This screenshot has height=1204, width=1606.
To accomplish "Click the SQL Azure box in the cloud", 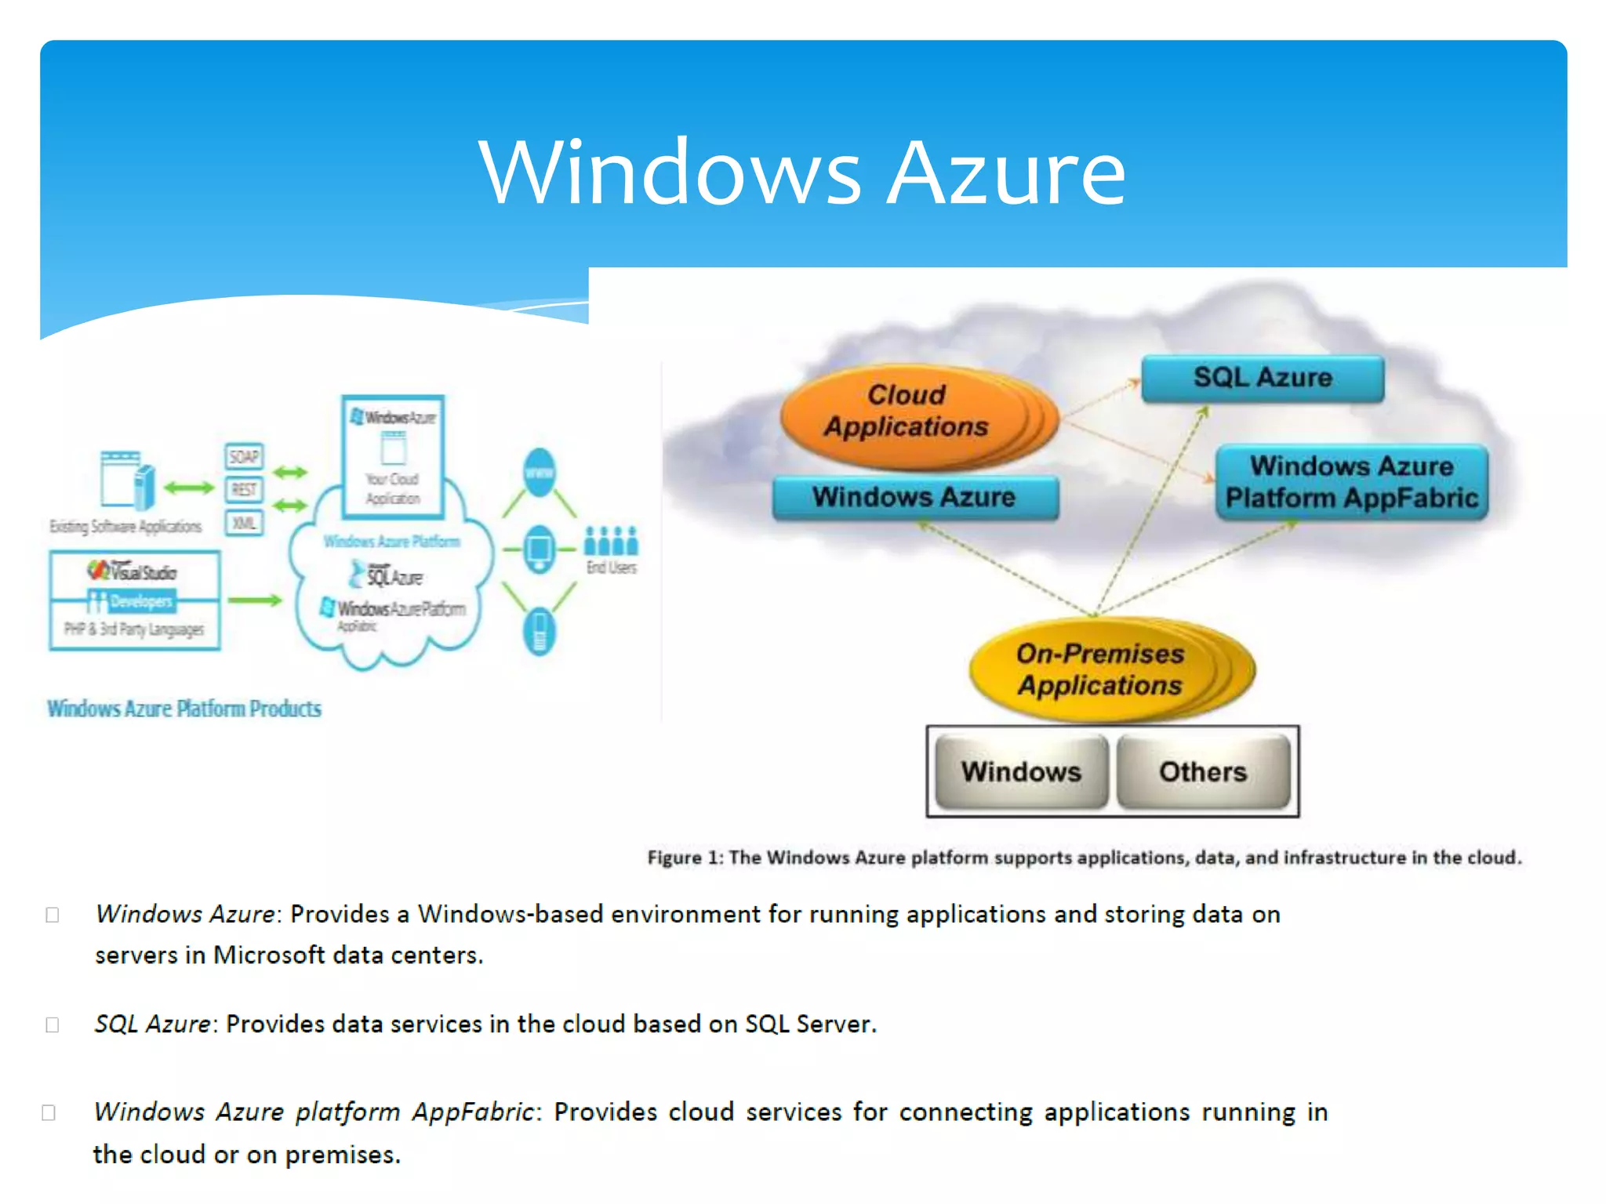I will [1263, 379].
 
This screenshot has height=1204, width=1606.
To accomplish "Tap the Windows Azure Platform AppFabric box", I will [1351, 482].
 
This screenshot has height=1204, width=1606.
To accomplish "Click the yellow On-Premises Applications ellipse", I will [1101, 669].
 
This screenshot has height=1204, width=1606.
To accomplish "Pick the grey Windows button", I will [1021, 771].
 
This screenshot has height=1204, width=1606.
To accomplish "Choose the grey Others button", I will [1203, 771].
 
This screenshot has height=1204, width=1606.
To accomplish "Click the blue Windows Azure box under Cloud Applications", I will [914, 497].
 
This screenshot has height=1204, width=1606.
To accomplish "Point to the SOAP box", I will [244, 456].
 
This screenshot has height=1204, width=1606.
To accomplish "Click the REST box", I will [244, 490].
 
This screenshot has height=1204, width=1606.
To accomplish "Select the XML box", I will [244, 523].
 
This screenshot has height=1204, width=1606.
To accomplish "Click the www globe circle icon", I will [540, 473].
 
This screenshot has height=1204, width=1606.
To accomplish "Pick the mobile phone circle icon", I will [540, 631].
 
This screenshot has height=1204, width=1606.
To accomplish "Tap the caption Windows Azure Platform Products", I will [184, 709].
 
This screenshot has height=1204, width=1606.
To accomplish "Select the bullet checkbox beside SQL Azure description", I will [53, 1024].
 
